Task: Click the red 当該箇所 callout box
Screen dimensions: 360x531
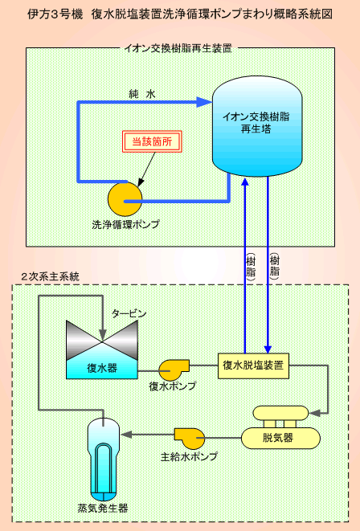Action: (x=152, y=141)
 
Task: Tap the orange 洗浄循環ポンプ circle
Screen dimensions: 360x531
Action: (x=125, y=199)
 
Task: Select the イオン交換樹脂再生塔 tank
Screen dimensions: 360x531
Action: (x=257, y=126)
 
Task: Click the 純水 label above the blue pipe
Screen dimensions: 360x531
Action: (x=142, y=94)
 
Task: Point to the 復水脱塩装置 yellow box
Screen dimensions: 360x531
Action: (x=253, y=366)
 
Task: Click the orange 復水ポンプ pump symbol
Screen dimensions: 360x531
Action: (x=174, y=370)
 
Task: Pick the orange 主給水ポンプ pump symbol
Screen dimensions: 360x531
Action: (x=190, y=439)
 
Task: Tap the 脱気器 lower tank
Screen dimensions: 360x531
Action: (x=280, y=438)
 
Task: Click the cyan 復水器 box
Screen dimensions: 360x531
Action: (x=102, y=368)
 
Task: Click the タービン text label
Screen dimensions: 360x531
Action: (x=129, y=314)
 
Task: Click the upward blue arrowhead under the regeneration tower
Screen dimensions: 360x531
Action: (x=245, y=182)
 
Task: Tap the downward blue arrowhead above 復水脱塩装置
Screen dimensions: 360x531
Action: (x=268, y=349)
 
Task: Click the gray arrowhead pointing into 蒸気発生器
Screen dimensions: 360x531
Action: (x=126, y=435)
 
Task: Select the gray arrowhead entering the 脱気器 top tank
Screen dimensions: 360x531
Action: (x=315, y=413)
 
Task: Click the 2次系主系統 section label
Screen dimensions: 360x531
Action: (x=50, y=276)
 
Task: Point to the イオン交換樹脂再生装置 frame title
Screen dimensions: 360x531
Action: (x=178, y=48)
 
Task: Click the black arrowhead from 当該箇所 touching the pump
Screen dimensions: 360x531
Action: (x=140, y=182)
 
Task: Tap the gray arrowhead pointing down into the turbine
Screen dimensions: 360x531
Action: (x=102, y=336)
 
